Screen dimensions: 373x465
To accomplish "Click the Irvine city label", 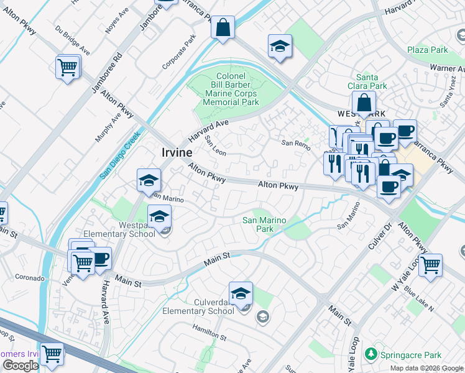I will coord(176,153).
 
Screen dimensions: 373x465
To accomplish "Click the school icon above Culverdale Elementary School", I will coord(241,294).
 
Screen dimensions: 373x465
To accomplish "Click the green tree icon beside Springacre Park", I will coord(371,354).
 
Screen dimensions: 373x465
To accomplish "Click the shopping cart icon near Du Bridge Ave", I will coord(68,67).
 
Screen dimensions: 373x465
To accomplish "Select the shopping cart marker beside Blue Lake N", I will coord(430,265).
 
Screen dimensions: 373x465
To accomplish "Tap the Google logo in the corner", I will coord(20,366).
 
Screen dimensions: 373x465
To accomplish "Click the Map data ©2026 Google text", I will coord(426,368).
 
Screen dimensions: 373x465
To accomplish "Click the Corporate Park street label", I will coord(178,55).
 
